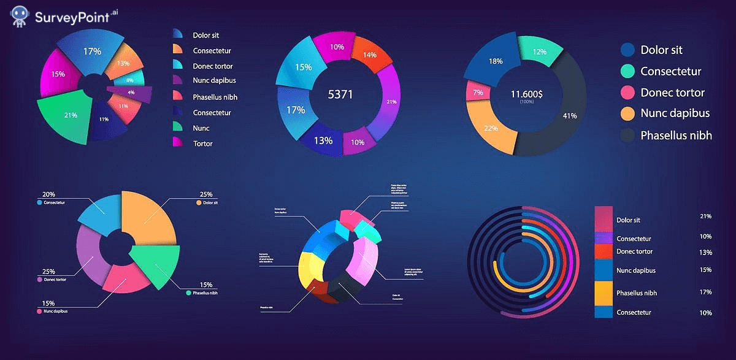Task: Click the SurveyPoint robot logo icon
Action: click(20, 17)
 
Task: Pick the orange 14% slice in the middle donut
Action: click(370, 54)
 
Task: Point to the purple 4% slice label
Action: click(131, 93)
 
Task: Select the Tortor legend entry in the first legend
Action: click(202, 144)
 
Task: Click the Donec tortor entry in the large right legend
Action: click(672, 93)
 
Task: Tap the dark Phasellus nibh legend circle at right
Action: click(627, 136)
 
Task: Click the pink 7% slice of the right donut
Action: click(478, 92)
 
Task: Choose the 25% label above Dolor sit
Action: click(205, 194)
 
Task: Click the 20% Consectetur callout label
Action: click(48, 194)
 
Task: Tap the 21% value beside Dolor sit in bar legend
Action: click(705, 216)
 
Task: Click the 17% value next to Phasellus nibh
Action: click(705, 293)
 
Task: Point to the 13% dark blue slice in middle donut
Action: click(323, 140)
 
